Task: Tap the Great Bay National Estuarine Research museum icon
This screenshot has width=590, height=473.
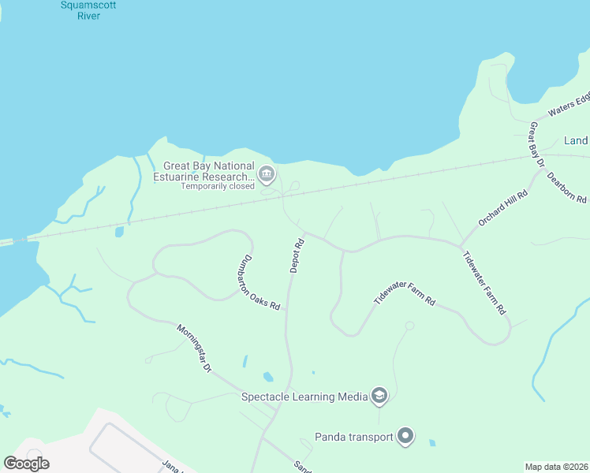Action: [267, 173]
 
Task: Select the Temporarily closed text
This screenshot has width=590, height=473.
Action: [217, 187]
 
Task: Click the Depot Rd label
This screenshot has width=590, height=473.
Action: [297, 256]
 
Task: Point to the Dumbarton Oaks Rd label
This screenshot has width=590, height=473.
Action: [259, 282]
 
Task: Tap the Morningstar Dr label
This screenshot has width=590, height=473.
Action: [194, 348]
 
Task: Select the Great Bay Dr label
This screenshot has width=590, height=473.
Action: [538, 144]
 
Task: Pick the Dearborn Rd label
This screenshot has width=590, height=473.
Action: [566, 188]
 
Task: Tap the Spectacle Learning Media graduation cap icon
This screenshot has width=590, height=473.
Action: [379, 396]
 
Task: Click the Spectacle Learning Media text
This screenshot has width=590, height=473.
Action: [304, 397]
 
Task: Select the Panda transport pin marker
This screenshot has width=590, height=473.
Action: [405, 436]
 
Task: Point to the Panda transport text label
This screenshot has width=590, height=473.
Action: [354, 437]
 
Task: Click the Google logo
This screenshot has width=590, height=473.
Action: [27, 463]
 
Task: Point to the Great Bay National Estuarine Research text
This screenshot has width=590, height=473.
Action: [209, 172]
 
